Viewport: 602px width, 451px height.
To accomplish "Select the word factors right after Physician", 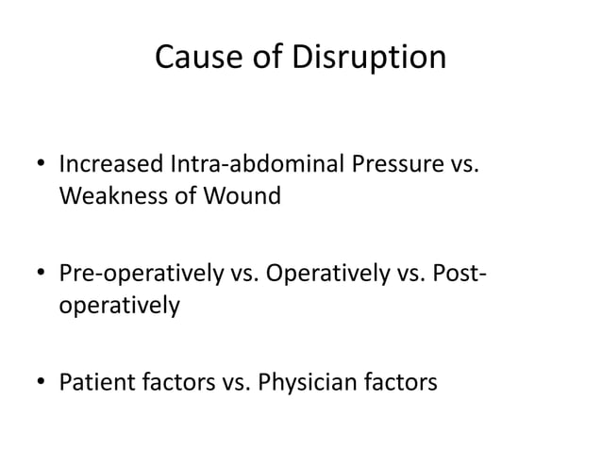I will (x=406, y=384).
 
